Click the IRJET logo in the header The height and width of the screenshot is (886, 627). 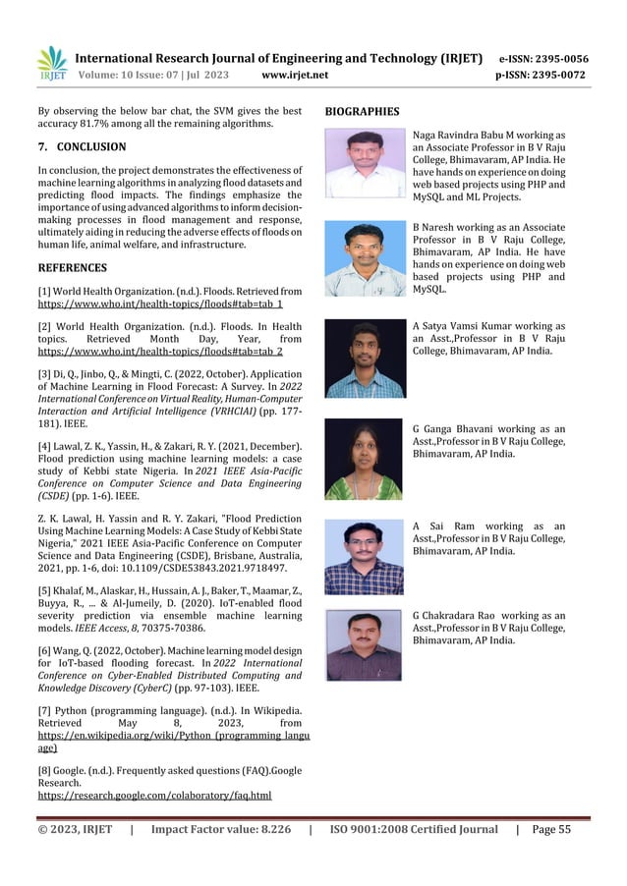(51, 65)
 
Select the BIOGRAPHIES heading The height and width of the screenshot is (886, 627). (362, 112)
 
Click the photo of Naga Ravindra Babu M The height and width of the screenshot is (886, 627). (365, 164)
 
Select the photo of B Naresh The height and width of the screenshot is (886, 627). (365, 258)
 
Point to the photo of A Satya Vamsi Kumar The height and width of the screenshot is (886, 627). (365, 358)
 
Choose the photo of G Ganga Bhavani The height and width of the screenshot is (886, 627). (365, 459)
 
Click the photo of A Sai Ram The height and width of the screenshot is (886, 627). (365, 558)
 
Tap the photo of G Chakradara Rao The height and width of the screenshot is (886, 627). (365, 646)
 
